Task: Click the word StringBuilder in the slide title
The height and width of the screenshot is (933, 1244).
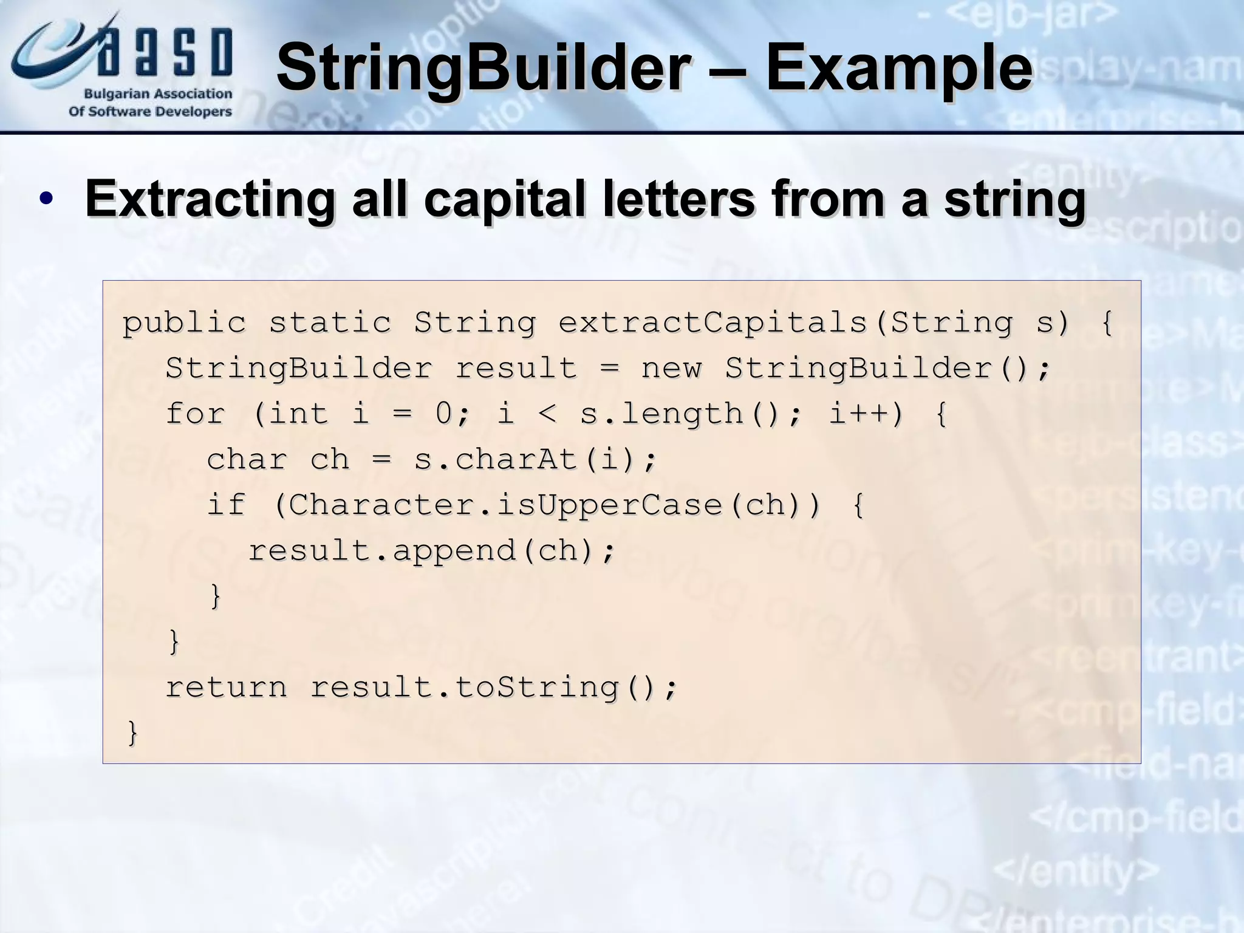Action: pyautogui.click(x=483, y=68)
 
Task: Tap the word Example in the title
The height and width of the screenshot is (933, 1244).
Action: pyautogui.click(x=899, y=68)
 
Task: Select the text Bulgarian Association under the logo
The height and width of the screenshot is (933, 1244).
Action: pyautogui.click(x=158, y=94)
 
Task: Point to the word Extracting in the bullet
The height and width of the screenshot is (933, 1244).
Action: pyautogui.click(x=210, y=199)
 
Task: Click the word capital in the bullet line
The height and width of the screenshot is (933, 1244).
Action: pyautogui.click(x=505, y=199)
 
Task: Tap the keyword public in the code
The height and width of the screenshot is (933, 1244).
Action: pyautogui.click(x=184, y=323)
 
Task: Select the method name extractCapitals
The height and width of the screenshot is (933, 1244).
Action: pyautogui.click(x=713, y=323)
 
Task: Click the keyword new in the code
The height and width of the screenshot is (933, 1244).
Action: pyautogui.click(x=671, y=368)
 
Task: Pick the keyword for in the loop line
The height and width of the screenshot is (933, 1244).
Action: pyautogui.click(x=196, y=414)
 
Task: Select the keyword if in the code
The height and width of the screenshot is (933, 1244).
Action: pyautogui.click(x=226, y=505)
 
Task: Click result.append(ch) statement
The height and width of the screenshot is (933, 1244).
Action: pyautogui.click(x=432, y=550)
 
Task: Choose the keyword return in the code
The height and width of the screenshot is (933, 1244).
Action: pyautogui.click(x=226, y=687)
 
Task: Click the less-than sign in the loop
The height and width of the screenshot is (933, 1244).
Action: pyautogui.click(x=547, y=414)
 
